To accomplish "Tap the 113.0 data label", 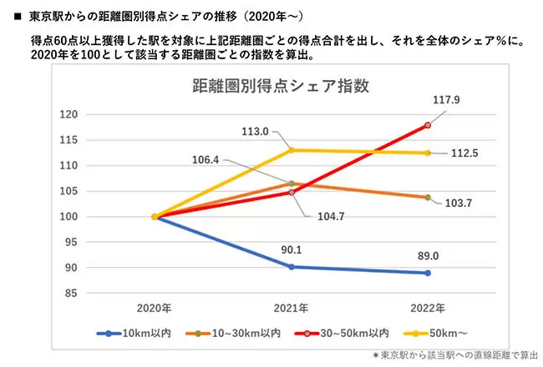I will pos(254,131).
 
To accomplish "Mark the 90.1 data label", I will pos(292,248).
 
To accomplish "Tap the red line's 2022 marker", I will pos(428,125).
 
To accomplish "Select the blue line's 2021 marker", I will pos(291,267).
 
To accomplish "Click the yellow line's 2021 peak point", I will pos(291,150).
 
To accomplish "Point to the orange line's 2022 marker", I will pos(428,198).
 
